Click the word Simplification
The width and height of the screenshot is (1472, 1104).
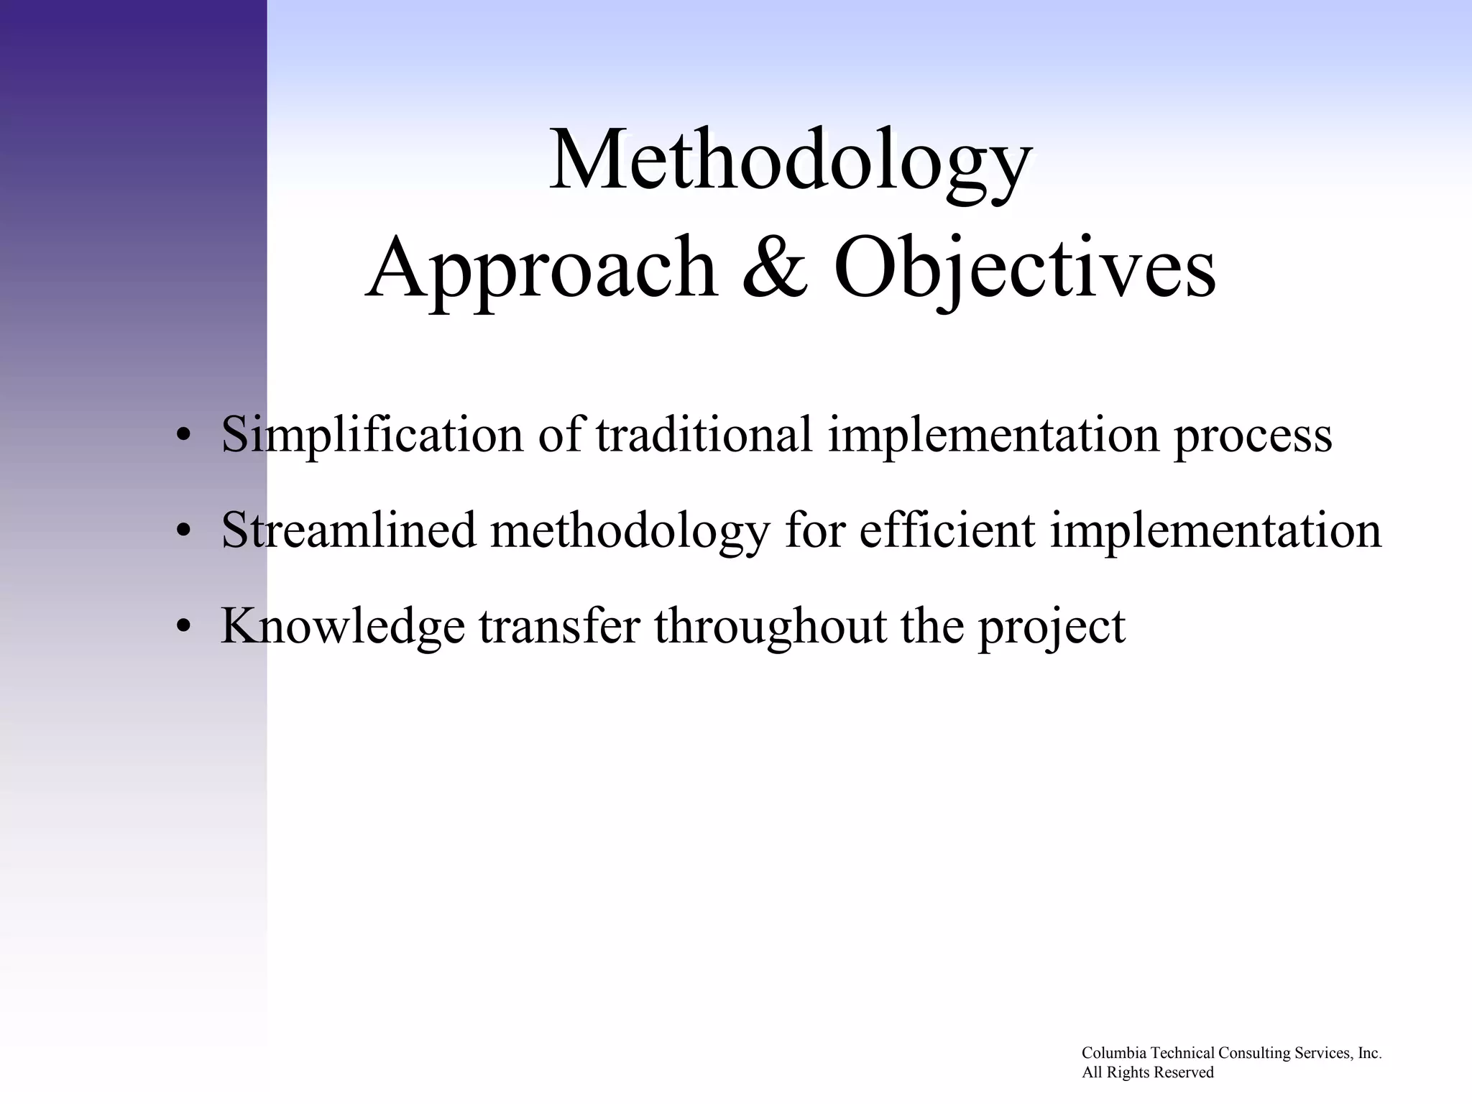[x=372, y=435]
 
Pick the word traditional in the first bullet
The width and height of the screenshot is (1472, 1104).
[x=704, y=435]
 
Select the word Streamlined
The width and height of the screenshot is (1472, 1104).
[x=349, y=530]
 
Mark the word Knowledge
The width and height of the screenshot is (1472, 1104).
[x=342, y=627]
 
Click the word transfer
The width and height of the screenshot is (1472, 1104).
[x=559, y=627]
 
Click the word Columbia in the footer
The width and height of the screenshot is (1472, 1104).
[x=1114, y=1053]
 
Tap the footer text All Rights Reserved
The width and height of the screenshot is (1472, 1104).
[x=1148, y=1072]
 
